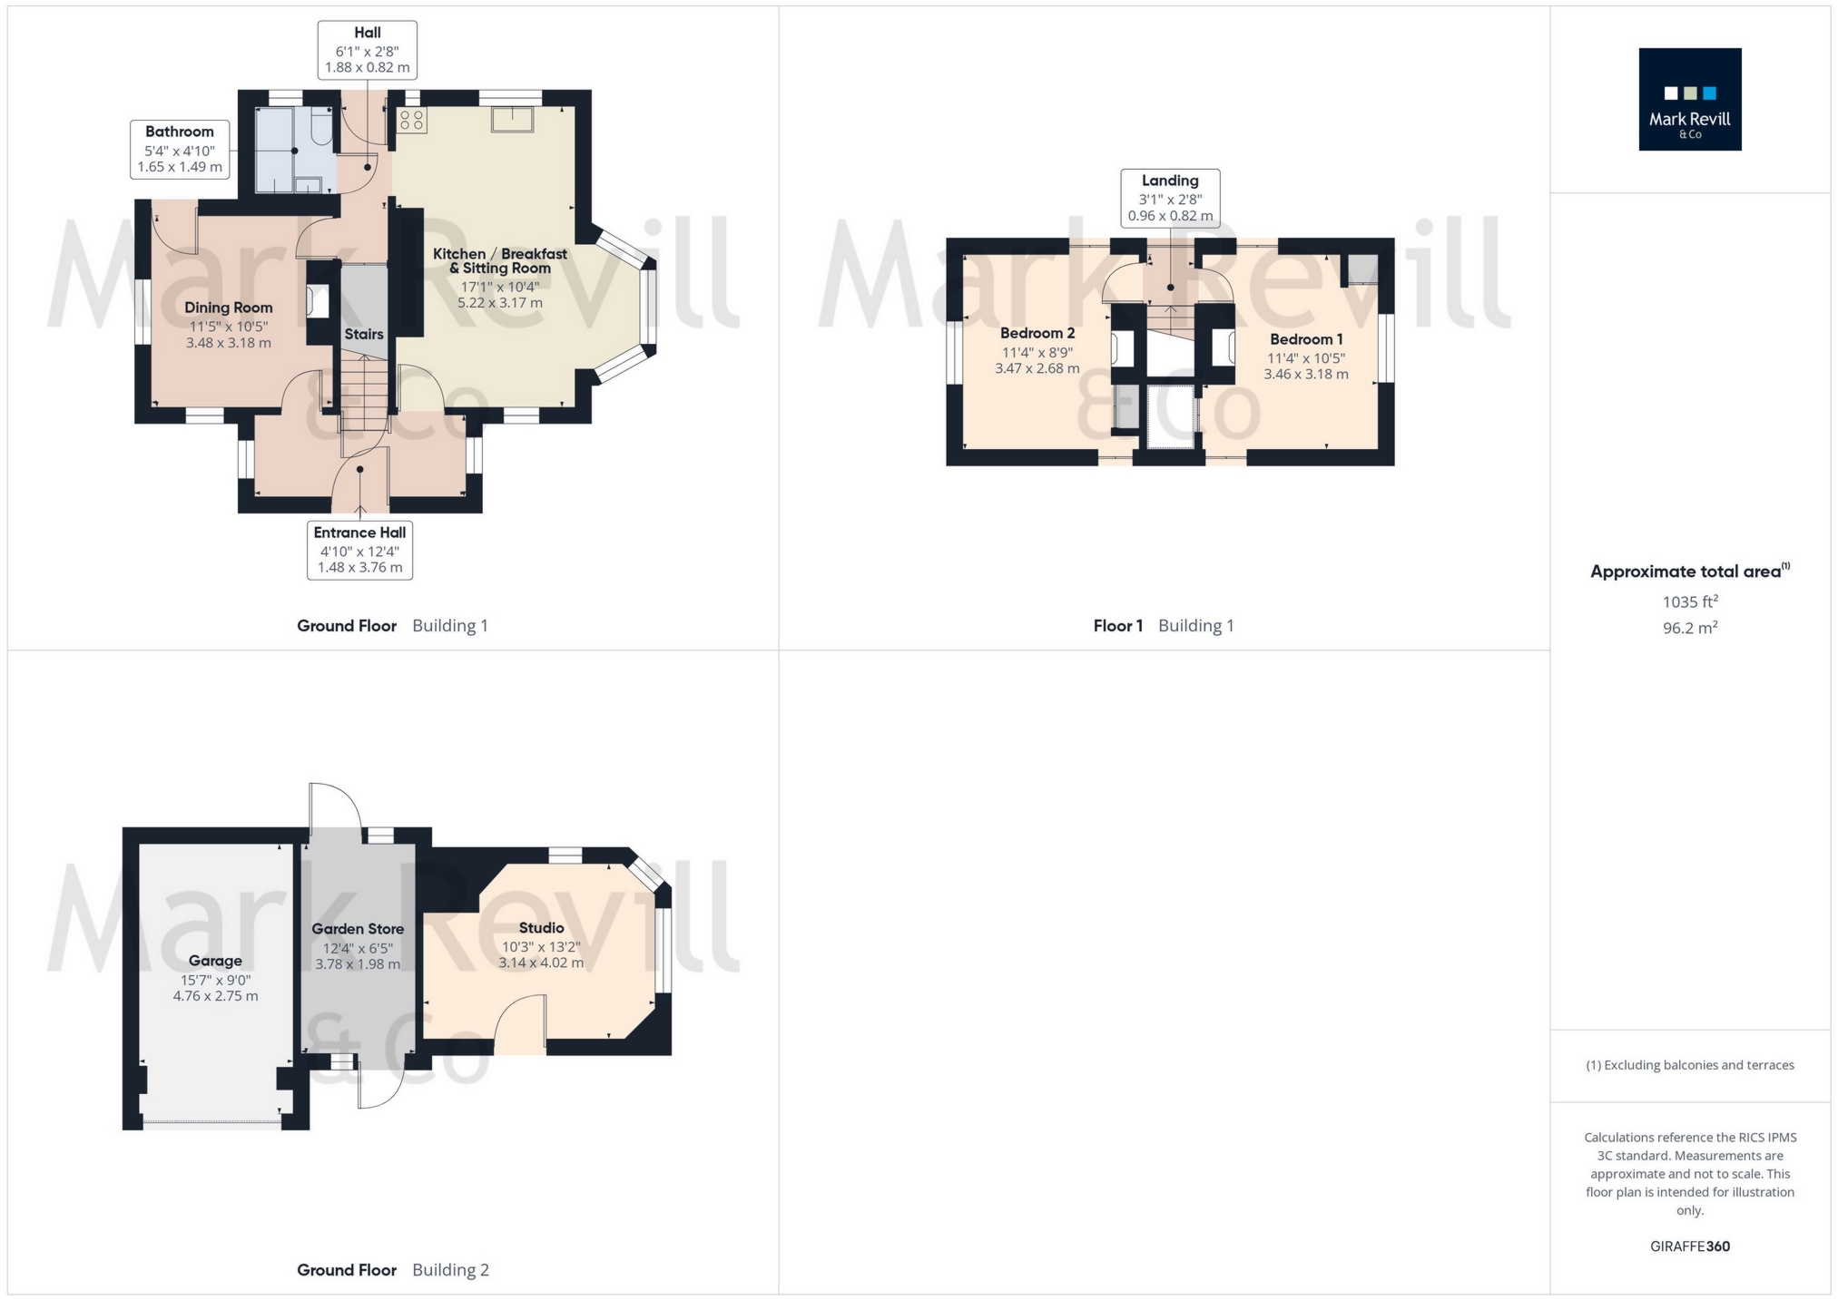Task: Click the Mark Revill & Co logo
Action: tap(1689, 99)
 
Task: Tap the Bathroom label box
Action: tap(180, 150)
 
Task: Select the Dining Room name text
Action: tap(228, 308)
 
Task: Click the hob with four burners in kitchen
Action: tap(412, 121)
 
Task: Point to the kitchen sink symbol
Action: tap(513, 119)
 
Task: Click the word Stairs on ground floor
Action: tap(364, 334)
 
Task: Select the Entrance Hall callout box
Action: tap(359, 550)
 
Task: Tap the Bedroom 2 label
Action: tap(1037, 333)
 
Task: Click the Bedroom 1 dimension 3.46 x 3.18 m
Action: tap(1305, 374)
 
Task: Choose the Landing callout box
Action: tap(1169, 198)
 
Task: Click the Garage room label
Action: tap(215, 961)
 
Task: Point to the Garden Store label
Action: tap(358, 929)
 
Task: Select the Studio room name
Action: tap(541, 928)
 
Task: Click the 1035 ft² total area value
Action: tap(1689, 601)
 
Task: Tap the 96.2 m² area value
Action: tap(1689, 628)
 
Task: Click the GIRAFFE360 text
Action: tap(1689, 1246)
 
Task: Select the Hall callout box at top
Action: tap(367, 50)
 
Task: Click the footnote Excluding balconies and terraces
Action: tap(1689, 1065)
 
